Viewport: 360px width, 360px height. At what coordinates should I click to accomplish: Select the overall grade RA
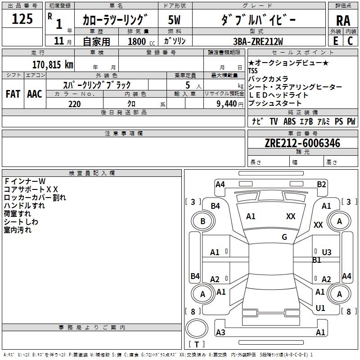coord(343,21)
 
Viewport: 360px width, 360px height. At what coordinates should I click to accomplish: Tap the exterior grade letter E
coord(335,41)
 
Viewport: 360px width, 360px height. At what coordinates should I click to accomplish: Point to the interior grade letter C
coord(350,41)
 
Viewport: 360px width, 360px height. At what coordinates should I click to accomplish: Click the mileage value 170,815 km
coord(53,65)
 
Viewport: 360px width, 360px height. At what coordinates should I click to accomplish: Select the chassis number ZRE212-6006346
coord(302,144)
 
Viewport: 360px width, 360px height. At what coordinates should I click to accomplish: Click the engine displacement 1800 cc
coord(138,41)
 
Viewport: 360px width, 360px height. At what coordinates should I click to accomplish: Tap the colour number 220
coord(74,104)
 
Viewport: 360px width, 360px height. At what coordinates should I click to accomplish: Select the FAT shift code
coord(13,94)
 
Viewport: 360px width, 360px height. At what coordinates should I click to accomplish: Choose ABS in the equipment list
coord(289,121)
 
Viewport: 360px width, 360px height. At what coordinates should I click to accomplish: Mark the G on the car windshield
coord(284,237)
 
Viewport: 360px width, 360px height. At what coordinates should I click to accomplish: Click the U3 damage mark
coord(327,252)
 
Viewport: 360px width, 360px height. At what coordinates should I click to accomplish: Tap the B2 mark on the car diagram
coord(321,184)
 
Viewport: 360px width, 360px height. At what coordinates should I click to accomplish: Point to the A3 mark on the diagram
coord(220,333)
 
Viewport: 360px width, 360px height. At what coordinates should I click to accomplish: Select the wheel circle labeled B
coord(202,221)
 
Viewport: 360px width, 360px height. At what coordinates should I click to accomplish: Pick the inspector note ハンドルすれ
coord(24,206)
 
